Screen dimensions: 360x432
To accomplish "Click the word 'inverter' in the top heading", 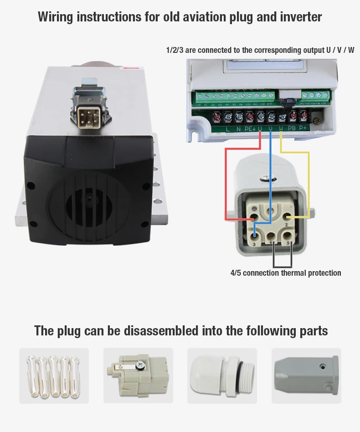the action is point(299,17).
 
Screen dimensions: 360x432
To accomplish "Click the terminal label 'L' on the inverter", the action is point(227,129).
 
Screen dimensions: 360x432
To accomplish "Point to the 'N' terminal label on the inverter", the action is point(238,129).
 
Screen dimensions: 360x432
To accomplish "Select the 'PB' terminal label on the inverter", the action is point(292,129).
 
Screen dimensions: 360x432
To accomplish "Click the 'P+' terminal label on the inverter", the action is point(303,129).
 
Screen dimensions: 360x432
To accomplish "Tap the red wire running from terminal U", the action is point(226,182).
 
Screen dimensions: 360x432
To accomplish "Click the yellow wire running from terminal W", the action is point(309,182).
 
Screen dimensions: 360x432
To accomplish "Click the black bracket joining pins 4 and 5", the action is point(282,266).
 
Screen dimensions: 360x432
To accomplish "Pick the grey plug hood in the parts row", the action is point(306,375).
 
